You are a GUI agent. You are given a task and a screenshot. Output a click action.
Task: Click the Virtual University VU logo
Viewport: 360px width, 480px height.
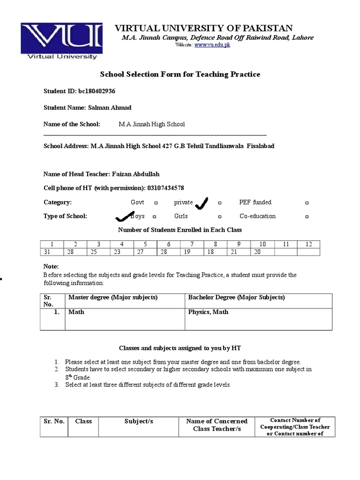(x=61, y=42)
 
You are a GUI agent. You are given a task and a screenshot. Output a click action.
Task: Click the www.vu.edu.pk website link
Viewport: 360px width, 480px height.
(x=212, y=45)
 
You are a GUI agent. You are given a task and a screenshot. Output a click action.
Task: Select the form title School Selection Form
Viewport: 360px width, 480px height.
(x=180, y=74)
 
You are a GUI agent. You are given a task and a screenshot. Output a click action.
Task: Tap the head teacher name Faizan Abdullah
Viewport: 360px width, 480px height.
(x=136, y=174)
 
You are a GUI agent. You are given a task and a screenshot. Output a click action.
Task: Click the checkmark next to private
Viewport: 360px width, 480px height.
(x=202, y=203)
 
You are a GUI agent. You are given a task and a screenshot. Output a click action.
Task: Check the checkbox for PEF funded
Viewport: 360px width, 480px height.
(x=307, y=203)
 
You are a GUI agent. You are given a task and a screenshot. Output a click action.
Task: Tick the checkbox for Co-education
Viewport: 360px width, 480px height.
(x=307, y=217)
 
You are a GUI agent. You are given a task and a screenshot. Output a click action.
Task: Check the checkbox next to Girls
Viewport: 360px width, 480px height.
(x=219, y=217)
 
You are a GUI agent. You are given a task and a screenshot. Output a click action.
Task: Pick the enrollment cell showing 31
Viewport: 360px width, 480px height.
(x=47, y=252)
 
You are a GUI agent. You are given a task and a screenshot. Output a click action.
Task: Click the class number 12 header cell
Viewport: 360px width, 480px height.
(x=308, y=244)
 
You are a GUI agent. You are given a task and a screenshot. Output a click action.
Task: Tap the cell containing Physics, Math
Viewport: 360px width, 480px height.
(x=208, y=312)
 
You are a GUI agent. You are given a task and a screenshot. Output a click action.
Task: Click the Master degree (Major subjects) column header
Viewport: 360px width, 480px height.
(x=113, y=298)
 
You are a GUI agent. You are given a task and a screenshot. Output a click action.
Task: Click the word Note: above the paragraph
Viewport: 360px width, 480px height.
(x=51, y=266)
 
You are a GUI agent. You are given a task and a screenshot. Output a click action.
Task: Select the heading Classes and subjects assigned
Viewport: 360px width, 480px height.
(x=180, y=348)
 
